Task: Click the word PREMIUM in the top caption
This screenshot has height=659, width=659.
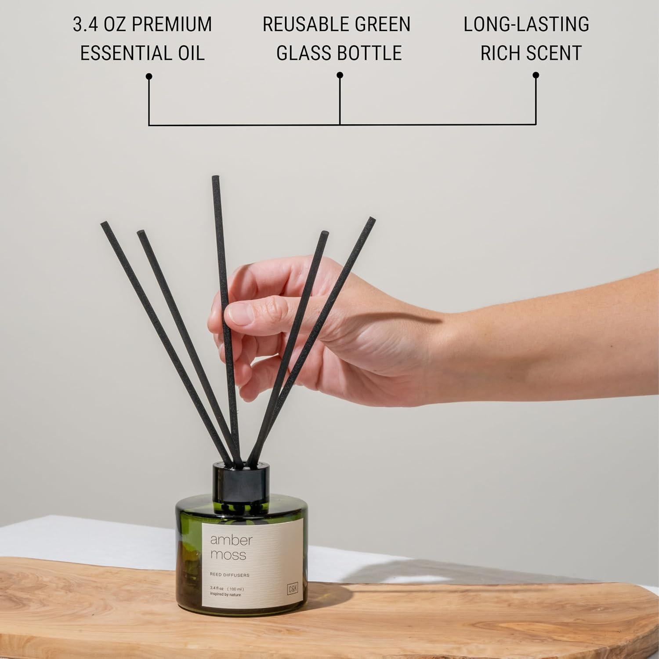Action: (172, 25)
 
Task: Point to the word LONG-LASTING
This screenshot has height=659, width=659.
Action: (526, 25)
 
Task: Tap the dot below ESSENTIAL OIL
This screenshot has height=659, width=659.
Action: (149, 76)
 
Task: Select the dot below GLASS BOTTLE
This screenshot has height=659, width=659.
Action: (340, 76)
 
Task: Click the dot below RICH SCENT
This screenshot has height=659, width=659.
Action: (536, 76)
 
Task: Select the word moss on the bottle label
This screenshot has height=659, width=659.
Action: (228, 555)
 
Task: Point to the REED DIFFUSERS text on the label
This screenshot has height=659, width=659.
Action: (230, 575)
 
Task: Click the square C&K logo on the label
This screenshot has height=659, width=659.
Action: (293, 589)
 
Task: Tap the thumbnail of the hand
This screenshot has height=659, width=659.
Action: (240, 313)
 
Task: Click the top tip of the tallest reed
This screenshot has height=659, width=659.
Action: (215, 178)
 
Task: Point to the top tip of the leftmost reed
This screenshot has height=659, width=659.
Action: (104, 224)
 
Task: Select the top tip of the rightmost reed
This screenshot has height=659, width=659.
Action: (372, 219)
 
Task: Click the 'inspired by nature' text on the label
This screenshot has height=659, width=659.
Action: (225, 595)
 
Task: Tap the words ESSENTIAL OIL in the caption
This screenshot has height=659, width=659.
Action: (142, 53)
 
